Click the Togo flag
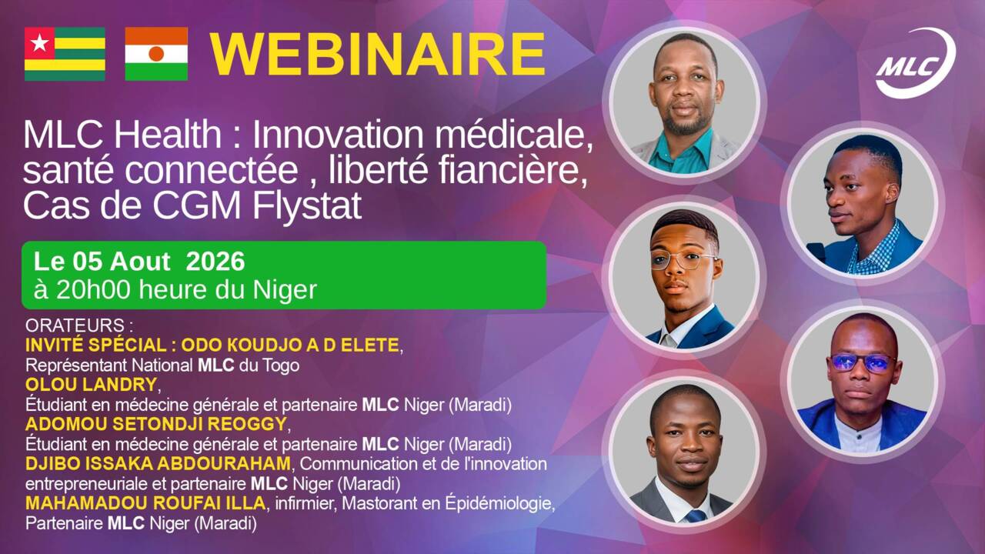pyautogui.click(x=65, y=54)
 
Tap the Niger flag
pyautogui.click(x=156, y=54)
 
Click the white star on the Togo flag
pyautogui.click(x=39, y=43)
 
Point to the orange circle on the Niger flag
pyautogui.click(x=156, y=54)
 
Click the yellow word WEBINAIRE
pyautogui.click(x=378, y=55)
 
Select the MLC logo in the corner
pyautogui.click(x=916, y=63)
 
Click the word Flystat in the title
pyautogui.click(x=306, y=205)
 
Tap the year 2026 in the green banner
pyautogui.click(x=215, y=262)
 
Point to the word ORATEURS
pyautogui.click(x=75, y=325)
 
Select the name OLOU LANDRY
pyautogui.click(x=91, y=385)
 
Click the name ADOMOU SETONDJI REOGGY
pyautogui.click(x=156, y=424)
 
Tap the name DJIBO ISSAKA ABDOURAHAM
pyautogui.click(x=158, y=463)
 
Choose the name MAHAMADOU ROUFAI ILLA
pyautogui.click(x=145, y=503)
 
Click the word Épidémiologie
pyautogui.click(x=499, y=504)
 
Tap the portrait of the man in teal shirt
pyautogui.click(x=685, y=102)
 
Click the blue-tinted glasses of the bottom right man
pyautogui.click(x=861, y=363)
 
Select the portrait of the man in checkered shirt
pyautogui.click(x=862, y=204)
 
